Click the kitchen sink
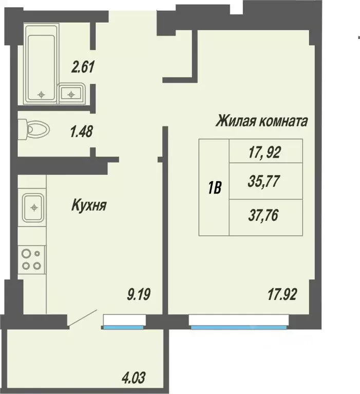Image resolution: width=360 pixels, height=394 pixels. click(x=34, y=208)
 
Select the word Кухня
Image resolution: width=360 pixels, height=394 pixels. click(x=89, y=206)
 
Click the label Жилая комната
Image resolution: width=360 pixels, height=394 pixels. click(x=261, y=121)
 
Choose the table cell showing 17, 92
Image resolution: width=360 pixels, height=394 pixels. click(x=266, y=152)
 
